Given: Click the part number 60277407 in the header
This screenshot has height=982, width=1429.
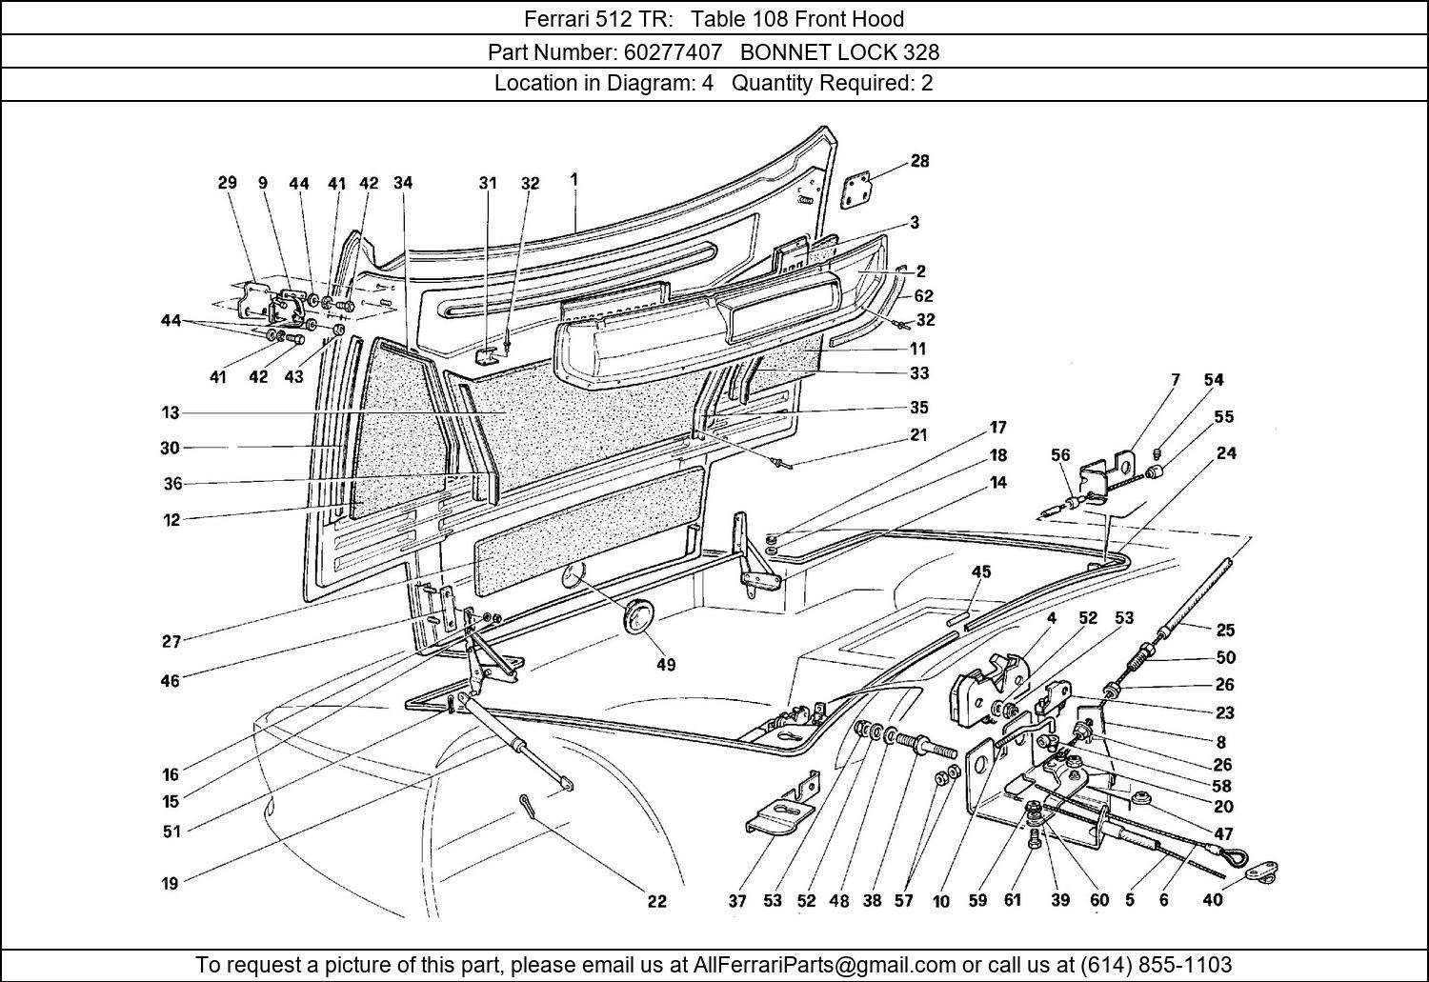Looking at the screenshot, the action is point(673,51).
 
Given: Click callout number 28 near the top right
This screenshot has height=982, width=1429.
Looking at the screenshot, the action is point(919,161).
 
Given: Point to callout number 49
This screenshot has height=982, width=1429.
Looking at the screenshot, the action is point(665,665).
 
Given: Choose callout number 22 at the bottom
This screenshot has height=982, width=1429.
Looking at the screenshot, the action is point(656,901).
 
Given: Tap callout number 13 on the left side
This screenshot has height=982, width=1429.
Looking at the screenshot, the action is point(171,412).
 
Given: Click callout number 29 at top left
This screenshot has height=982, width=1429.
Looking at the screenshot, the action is point(227,183).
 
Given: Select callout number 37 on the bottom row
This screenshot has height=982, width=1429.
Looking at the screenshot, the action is point(736,901).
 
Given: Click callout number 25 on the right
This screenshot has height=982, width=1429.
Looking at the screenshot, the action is point(1225,630).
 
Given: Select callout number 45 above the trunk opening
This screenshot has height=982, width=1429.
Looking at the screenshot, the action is point(981,572).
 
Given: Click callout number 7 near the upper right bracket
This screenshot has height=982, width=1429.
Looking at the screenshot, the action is point(1175,379).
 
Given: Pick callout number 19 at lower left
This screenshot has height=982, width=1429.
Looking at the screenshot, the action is point(170,883).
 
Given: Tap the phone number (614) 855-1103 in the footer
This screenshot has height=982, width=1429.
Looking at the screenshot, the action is point(1156,964).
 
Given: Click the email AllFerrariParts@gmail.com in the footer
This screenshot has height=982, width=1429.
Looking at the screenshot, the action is point(824,964).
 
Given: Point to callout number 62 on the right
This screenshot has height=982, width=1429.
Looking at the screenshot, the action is point(923,296).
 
